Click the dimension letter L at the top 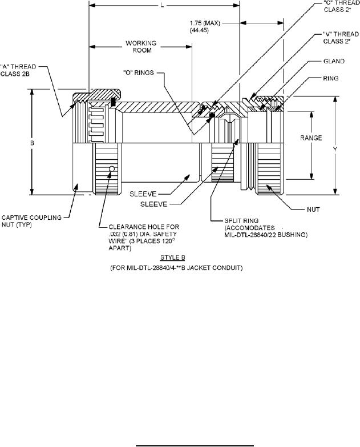163,5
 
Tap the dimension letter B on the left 32,143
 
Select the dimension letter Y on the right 335,149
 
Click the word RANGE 311,138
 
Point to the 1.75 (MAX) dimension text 205,23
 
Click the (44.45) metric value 199,30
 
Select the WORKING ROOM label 141,47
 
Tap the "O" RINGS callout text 139,73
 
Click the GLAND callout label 334,61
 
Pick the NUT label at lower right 313,210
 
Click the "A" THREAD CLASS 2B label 18,70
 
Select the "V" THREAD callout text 341,34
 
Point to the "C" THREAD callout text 342,3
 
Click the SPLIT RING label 241,221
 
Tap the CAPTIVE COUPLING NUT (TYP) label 31,221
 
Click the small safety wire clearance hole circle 112,169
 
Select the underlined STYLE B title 173,258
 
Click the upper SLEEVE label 143,194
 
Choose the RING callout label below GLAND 331,78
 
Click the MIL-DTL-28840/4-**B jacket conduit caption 177,268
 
